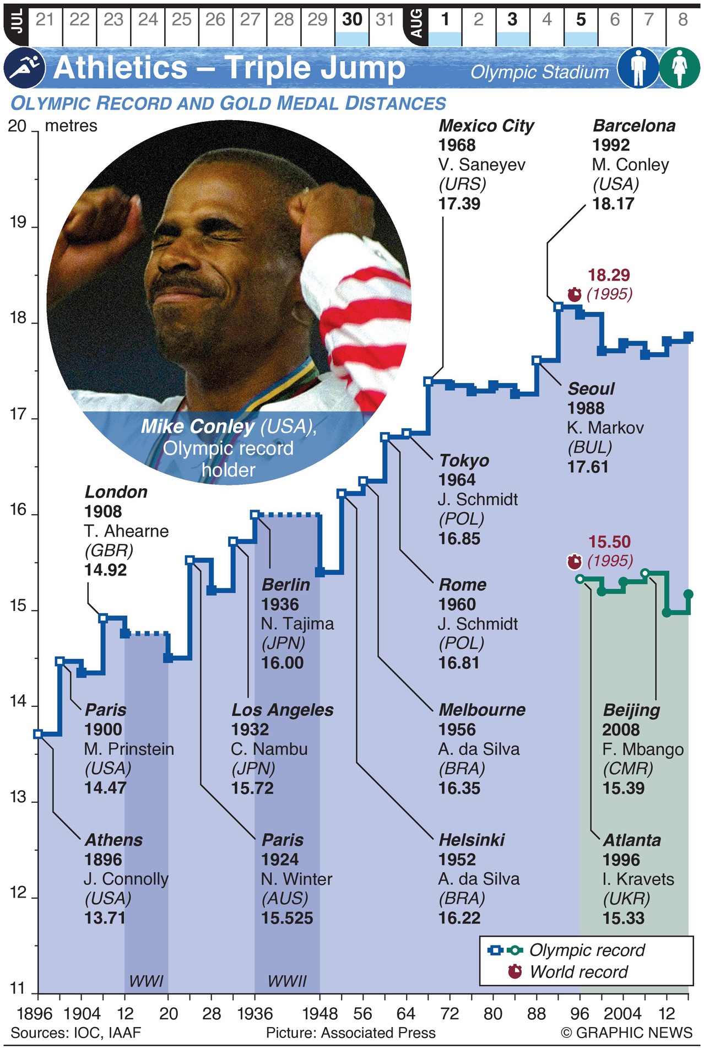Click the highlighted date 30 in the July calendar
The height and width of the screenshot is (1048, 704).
352,20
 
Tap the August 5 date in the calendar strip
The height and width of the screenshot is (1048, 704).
581,20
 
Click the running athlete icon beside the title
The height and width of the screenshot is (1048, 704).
24,68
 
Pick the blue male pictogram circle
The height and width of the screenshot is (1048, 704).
638,68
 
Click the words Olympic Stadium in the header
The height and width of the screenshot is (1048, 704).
539,72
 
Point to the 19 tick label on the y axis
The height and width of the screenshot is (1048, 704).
18,223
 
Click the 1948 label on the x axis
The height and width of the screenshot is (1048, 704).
320,1014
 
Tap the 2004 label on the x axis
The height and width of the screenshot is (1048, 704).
622,1014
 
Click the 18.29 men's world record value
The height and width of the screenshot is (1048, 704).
609,275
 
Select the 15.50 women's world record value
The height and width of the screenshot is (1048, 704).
609,542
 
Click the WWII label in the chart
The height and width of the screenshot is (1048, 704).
287,981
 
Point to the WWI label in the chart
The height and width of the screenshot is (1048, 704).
146,981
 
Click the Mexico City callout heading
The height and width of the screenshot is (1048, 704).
486,126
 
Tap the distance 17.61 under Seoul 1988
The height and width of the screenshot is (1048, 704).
588,467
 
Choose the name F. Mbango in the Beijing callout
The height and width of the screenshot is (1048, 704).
643,749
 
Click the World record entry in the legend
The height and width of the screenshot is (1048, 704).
578,972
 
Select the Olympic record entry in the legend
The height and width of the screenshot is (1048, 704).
586,950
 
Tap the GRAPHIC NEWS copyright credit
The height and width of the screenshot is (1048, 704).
626,1033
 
